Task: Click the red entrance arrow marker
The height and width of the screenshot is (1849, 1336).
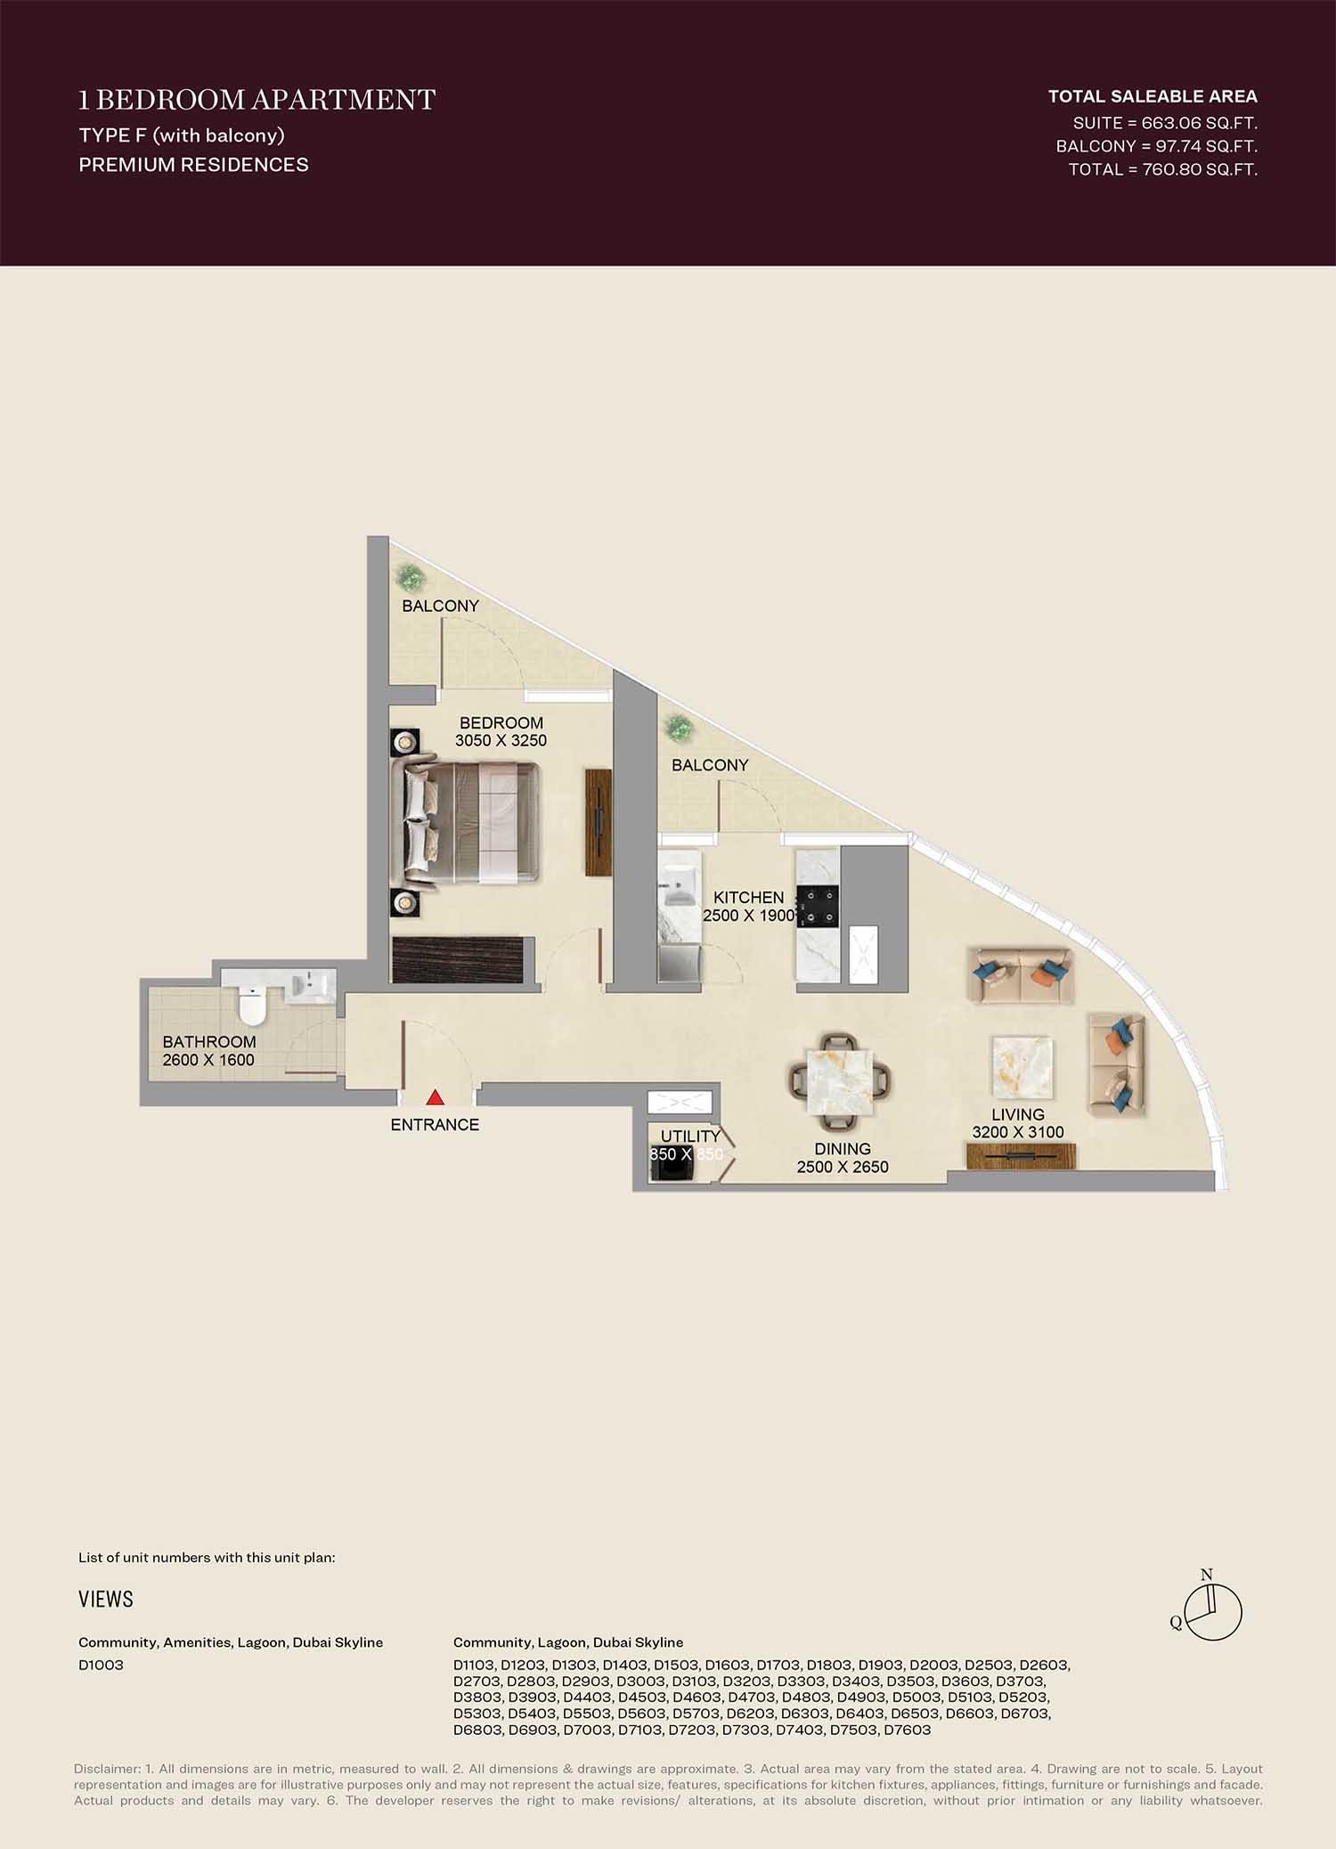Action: click(x=435, y=1097)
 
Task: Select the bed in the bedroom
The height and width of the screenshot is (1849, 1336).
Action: click(x=472, y=820)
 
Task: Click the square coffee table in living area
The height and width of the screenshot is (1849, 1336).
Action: click(x=1022, y=1066)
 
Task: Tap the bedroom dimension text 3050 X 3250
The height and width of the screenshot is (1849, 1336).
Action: click(x=501, y=741)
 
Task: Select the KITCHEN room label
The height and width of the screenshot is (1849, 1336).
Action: click(x=748, y=898)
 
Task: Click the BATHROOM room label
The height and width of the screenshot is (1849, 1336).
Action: click(x=209, y=1042)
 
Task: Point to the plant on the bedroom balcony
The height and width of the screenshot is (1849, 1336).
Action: click(x=411, y=578)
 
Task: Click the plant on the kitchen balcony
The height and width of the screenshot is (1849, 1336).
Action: click(x=680, y=729)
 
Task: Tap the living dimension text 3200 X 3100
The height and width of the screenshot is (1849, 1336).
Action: click(x=1018, y=1132)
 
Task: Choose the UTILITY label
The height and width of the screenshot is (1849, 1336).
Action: click(x=690, y=1136)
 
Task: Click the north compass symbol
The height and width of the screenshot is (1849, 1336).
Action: click(x=1214, y=1611)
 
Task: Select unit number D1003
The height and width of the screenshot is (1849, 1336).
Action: click(x=101, y=1666)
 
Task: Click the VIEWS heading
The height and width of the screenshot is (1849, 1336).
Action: click(x=106, y=1600)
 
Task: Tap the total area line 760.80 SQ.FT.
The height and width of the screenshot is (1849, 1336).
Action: click(x=1162, y=169)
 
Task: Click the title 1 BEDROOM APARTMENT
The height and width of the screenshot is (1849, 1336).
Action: click(x=257, y=100)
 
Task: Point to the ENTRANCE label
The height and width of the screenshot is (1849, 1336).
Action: click(x=435, y=1125)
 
